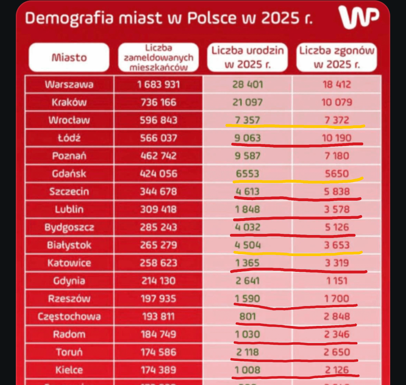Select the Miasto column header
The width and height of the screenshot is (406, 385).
point(69,58)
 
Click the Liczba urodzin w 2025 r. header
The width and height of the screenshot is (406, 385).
point(247,57)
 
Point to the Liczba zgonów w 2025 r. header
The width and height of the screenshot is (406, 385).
point(336,57)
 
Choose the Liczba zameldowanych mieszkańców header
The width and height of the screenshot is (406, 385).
point(158,58)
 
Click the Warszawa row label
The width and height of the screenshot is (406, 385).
point(69,84)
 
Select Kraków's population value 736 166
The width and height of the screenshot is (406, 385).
point(158,102)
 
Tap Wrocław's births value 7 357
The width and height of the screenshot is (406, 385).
point(247,120)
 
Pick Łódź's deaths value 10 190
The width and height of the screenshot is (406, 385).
point(336,138)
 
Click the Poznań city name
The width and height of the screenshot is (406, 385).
point(69,156)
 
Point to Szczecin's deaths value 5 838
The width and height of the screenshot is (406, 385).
point(336,192)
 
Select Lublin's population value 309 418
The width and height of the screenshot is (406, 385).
point(158,209)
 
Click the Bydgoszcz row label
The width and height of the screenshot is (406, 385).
point(69,227)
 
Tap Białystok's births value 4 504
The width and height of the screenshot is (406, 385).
point(247,245)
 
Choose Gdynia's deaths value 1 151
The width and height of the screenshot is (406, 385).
point(336,281)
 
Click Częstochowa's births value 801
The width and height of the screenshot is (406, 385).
point(247,317)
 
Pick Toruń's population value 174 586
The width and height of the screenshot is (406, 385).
point(158,352)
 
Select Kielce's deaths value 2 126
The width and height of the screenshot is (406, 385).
point(336,370)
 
